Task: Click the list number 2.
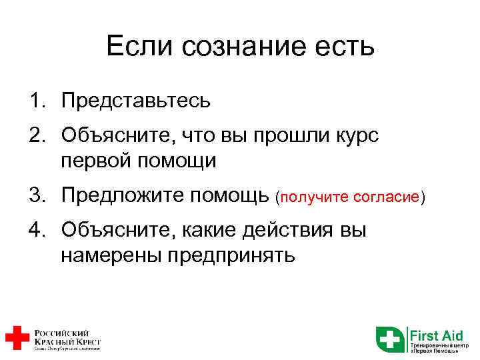tap(35, 135)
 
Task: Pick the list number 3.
tap(35, 196)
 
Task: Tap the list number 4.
tap(35, 231)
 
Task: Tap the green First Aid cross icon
tap(389, 339)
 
